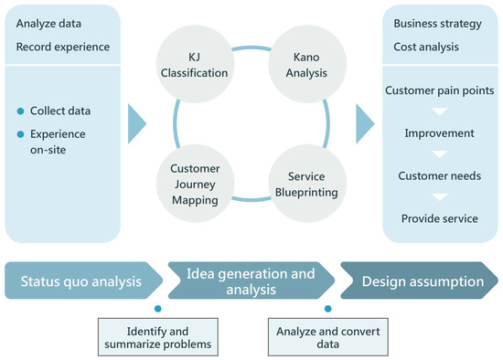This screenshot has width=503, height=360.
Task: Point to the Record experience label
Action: click(62, 46)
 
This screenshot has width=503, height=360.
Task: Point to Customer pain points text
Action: click(439, 91)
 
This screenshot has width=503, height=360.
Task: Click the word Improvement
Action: click(439, 133)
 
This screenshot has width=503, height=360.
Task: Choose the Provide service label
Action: click(439, 218)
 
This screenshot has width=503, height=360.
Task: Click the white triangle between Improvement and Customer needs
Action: click(439, 154)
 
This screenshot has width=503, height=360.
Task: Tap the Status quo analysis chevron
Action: click(82, 281)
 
